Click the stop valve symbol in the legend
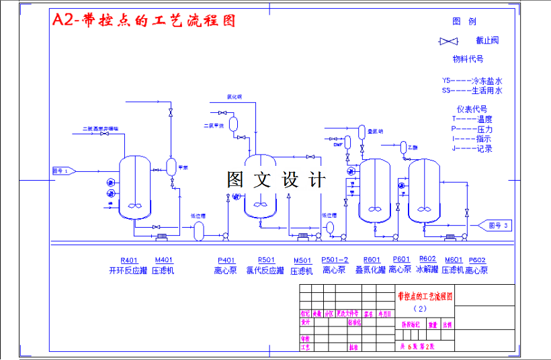click(x=448, y=42)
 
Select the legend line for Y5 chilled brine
click(x=472, y=80)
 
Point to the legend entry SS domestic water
click(x=472, y=90)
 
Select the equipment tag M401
click(x=164, y=260)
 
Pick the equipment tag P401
click(x=226, y=260)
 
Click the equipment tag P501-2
click(x=335, y=260)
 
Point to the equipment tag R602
click(x=427, y=259)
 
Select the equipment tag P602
click(x=477, y=260)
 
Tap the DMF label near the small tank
click(x=337, y=144)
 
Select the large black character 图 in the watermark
click(x=236, y=180)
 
